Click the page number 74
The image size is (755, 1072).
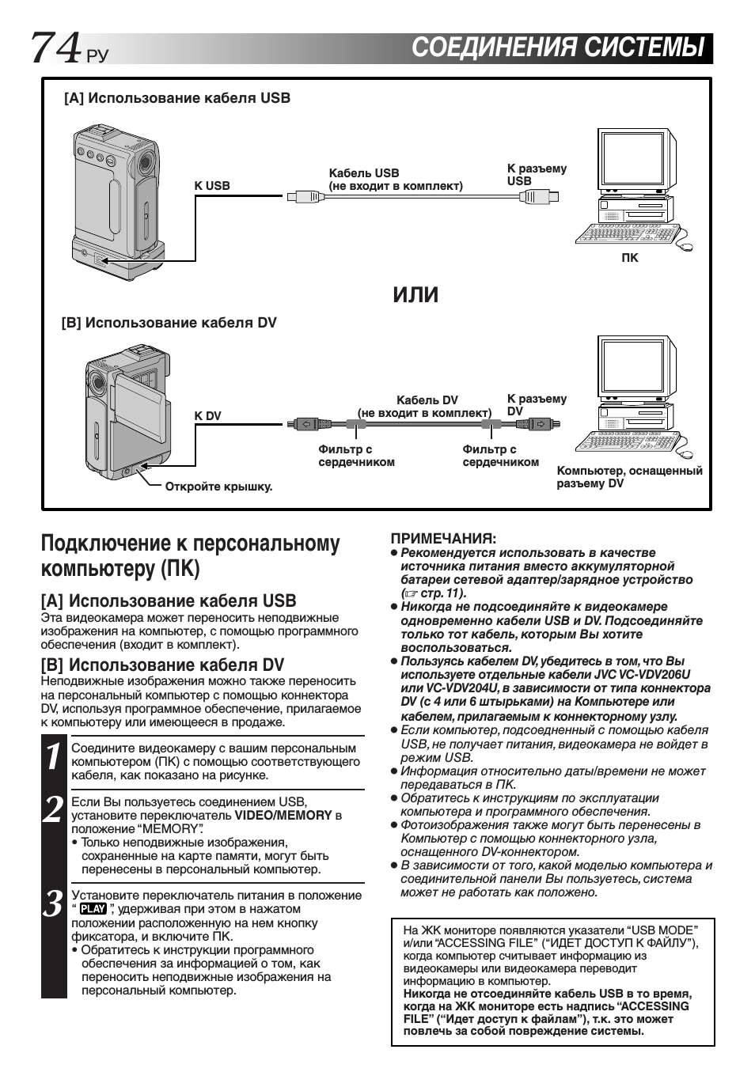coord(55,48)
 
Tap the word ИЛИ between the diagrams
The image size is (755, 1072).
coord(415,294)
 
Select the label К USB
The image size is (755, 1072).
coord(212,186)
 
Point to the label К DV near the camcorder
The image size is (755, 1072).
coord(208,416)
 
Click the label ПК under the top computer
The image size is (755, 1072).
coord(629,258)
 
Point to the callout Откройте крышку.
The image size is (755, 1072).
coord(218,487)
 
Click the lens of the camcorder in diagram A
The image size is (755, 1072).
coord(146,162)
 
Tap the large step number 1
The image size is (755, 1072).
coord(53,757)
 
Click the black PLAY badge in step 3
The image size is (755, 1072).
coord(93,909)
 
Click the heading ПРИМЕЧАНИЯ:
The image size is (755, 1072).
coord(443,538)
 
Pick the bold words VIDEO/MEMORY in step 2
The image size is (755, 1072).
coord(283,815)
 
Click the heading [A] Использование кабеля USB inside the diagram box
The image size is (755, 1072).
coord(177,98)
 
